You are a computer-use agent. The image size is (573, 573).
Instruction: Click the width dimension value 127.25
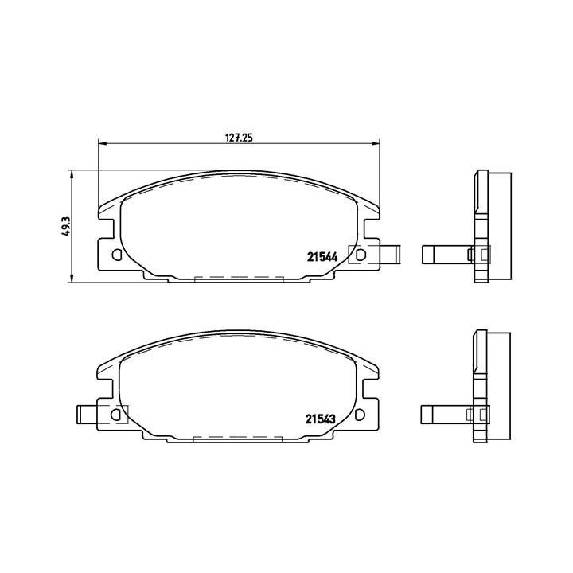pos(238,137)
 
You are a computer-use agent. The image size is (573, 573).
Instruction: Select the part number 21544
pos(323,256)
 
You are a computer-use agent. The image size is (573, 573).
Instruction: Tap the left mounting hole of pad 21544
pos(117,255)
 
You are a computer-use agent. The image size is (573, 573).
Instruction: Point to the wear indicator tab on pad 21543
pos(90,415)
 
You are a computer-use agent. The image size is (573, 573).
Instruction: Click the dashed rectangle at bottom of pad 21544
pos(239,279)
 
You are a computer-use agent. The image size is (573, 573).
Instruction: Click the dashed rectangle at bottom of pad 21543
pos(239,438)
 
